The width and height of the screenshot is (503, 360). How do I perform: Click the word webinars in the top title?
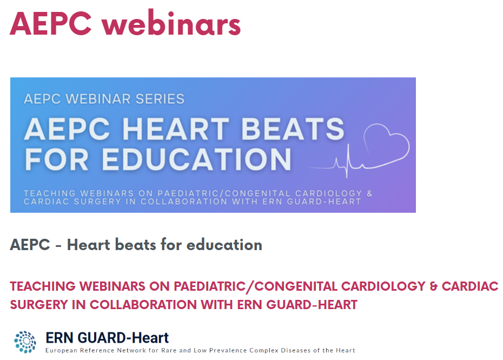[x=171, y=23]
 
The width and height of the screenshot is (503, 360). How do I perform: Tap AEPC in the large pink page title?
[x=51, y=23]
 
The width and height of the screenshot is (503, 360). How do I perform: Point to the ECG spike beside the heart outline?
[x=347, y=161]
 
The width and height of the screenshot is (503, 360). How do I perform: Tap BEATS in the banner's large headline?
[x=293, y=129]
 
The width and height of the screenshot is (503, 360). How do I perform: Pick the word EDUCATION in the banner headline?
[x=196, y=159]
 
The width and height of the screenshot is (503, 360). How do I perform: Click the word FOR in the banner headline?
[x=56, y=159]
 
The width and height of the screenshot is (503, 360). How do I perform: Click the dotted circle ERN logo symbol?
[x=25, y=342]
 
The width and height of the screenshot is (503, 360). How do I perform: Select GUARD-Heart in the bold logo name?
[x=123, y=338]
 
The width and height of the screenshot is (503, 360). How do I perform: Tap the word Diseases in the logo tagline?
[x=294, y=350]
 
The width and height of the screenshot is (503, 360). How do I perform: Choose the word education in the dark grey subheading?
[x=224, y=245]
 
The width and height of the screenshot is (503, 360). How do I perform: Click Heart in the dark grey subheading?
[x=89, y=245]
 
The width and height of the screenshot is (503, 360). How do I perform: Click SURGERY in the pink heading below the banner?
[x=38, y=305]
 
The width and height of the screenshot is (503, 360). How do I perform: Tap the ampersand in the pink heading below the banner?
[x=433, y=286]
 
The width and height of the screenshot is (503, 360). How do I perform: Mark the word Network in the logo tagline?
[x=130, y=350]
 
